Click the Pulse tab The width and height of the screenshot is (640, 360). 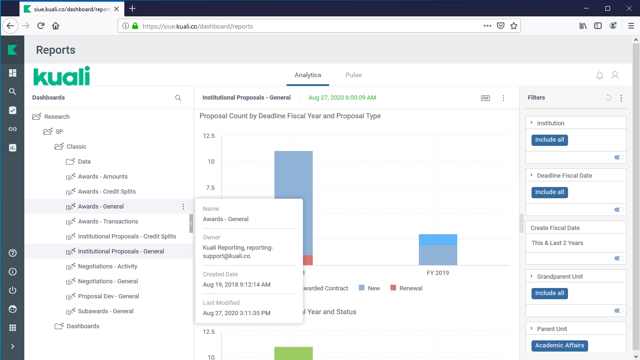353,75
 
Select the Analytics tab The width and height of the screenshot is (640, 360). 308,75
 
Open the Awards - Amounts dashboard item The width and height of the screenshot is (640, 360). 102,177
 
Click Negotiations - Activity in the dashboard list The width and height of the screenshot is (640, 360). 108,266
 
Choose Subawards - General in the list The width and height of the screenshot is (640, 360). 106,311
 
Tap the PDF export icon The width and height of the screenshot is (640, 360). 485,98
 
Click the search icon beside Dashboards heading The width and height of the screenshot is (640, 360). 178,98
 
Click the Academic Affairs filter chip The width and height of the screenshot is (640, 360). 560,346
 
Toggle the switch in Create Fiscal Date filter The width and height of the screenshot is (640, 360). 619,259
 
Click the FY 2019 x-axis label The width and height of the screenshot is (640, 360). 438,273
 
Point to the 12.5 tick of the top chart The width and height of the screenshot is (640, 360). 209,136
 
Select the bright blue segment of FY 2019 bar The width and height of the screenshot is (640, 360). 438,239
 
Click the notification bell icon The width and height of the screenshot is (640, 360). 600,75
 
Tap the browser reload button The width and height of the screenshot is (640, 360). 41,26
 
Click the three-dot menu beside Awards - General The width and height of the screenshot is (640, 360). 183,207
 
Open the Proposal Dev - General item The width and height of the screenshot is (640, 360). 108,296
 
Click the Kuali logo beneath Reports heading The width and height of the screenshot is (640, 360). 62,76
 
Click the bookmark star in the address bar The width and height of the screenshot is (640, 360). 514,26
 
